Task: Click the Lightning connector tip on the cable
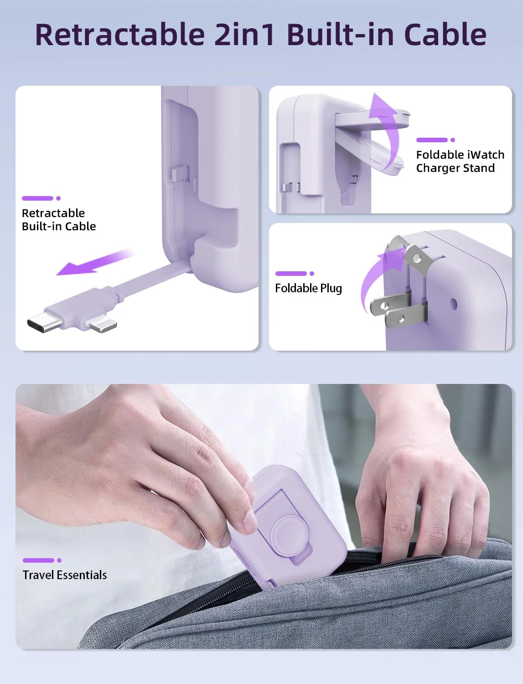coord(102,325)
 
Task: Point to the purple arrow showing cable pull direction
coord(95,262)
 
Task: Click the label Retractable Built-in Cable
coord(59,220)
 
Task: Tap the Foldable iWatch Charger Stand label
coord(460,161)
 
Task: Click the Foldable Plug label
coord(308,288)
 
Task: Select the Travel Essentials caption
coord(65,575)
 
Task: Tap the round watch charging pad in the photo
coord(290,535)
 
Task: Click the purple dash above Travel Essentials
coord(38,560)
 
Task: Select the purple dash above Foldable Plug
coord(291,274)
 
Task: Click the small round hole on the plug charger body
coord(454,304)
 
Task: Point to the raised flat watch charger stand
coord(372,120)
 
